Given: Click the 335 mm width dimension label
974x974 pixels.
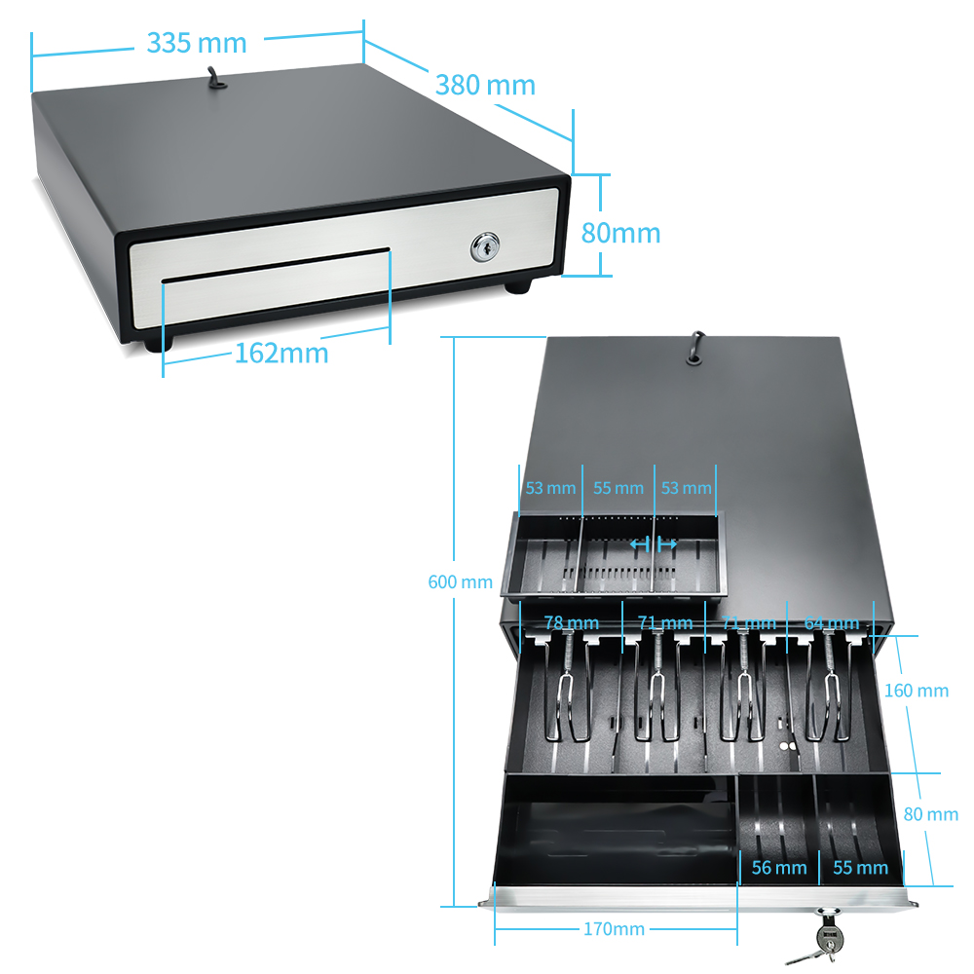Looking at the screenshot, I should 196,43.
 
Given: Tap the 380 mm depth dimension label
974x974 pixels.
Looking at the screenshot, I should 485,85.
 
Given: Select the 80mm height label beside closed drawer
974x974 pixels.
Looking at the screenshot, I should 620,233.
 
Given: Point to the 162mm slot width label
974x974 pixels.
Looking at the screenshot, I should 281,353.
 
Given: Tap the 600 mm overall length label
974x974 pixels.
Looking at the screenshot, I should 460,582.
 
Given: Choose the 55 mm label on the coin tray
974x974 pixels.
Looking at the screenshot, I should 618,487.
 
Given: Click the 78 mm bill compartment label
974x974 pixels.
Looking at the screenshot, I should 571,622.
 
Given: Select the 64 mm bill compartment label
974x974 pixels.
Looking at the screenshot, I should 831,622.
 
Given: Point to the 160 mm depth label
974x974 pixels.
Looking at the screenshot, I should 916,691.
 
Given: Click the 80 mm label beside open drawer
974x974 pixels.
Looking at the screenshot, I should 930,814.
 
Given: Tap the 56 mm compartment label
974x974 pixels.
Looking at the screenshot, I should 779,867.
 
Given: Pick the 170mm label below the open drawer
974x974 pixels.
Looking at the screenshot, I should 614,929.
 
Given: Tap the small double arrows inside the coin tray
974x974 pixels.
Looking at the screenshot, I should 653,543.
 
